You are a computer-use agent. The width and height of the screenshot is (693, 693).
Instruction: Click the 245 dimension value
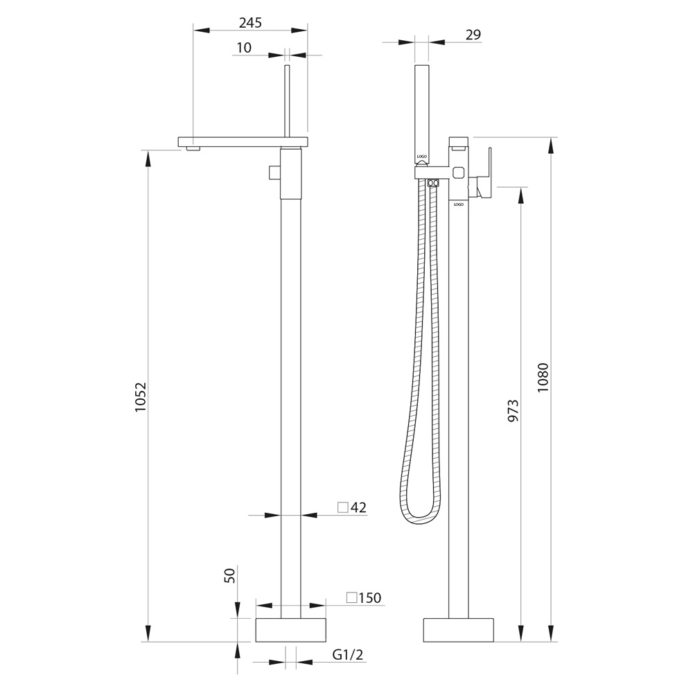pyautogui.click(x=250, y=23)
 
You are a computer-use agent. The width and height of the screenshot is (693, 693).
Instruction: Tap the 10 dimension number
pyautogui.click(x=244, y=47)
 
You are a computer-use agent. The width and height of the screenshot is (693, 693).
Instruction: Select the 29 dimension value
pyautogui.click(x=473, y=35)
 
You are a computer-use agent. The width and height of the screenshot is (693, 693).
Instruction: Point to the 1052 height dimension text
pyautogui.click(x=141, y=397)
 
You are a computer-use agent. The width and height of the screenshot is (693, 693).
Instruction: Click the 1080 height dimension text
pyautogui.click(x=543, y=378)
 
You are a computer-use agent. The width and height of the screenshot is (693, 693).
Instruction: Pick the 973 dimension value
pyautogui.click(x=513, y=410)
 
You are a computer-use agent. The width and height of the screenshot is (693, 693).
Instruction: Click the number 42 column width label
pyautogui.click(x=358, y=507)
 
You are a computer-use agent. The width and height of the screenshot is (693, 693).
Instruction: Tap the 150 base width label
pyautogui.click(x=370, y=597)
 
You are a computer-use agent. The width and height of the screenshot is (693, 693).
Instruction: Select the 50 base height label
pyautogui.click(x=230, y=575)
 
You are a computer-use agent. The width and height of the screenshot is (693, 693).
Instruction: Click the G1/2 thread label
pyautogui.click(x=348, y=655)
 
